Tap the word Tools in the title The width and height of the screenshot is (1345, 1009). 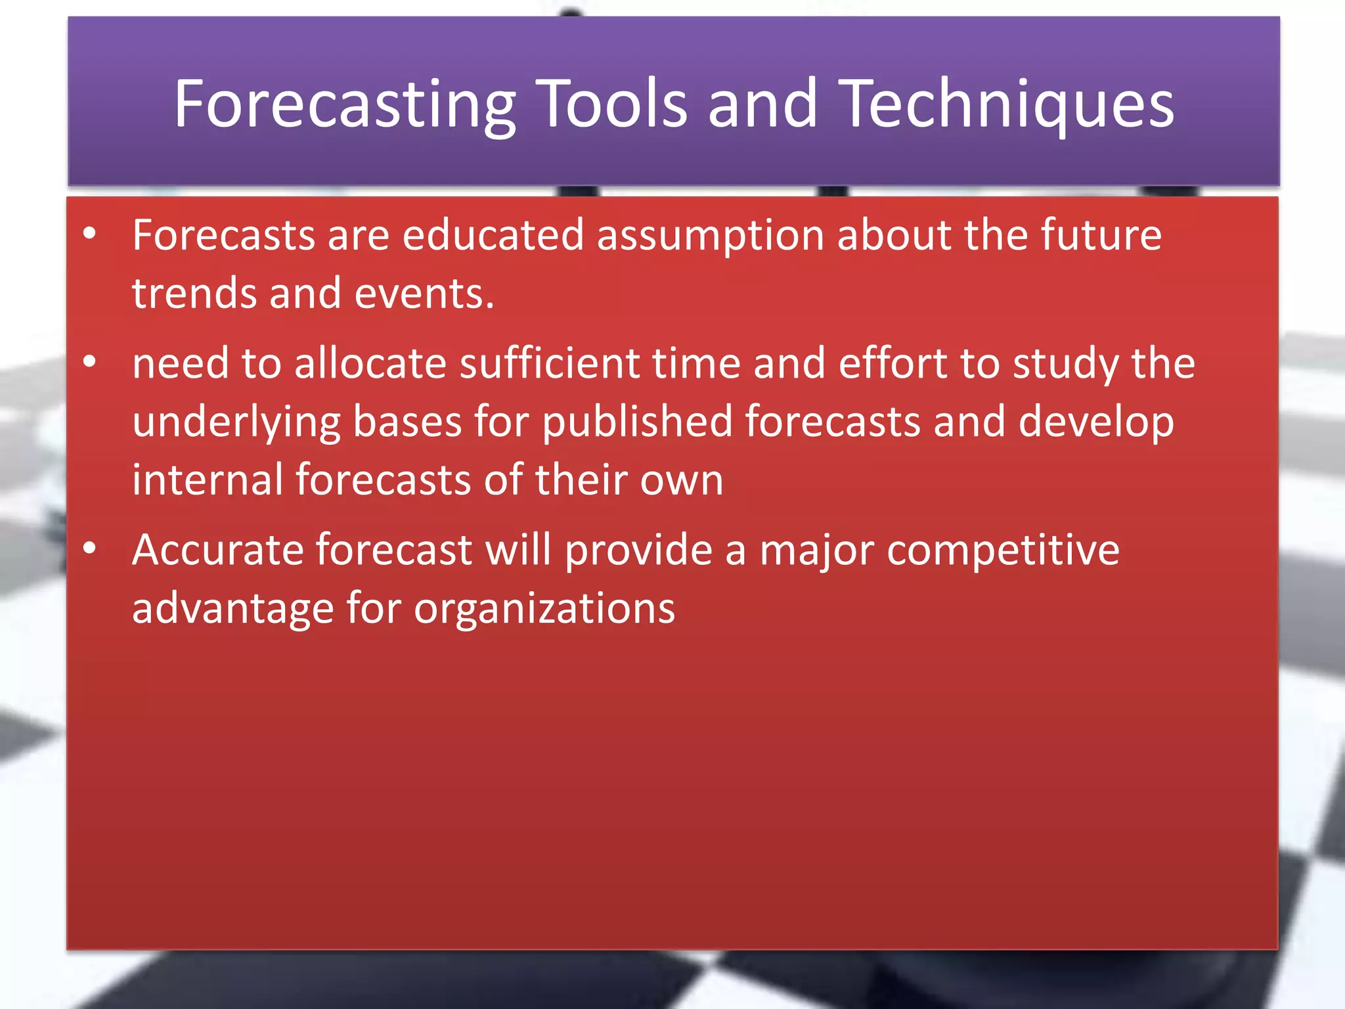(x=613, y=103)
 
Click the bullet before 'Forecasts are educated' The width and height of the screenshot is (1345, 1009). (x=90, y=233)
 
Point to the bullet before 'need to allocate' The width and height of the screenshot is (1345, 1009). (x=90, y=361)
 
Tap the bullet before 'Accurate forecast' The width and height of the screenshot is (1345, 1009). (x=90, y=548)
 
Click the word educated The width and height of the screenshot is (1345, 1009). (x=493, y=235)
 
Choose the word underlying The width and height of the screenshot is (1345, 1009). (x=236, y=423)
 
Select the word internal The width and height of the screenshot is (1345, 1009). (x=208, y=479)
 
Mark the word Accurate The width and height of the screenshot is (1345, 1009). (x=217, y=549)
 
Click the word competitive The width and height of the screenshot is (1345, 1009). (x=1003, y=550)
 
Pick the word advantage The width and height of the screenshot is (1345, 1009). (x=233, y=608)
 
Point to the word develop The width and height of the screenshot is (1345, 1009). (x=1095, y=423)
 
